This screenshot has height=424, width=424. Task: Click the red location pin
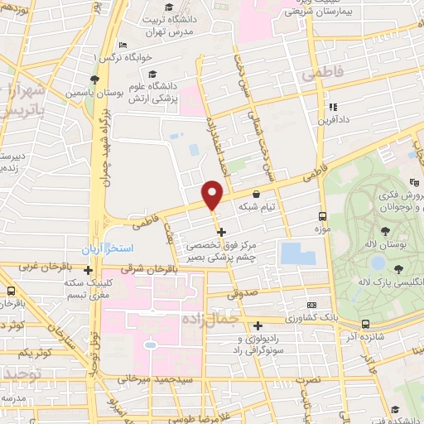click(213, 194)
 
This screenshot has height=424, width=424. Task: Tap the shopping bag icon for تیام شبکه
click(255, 195)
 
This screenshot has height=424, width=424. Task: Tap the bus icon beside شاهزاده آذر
click(365, 325)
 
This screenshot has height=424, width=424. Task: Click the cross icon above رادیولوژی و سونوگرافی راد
click(258, 325)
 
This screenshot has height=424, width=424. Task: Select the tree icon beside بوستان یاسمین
click(95, 80)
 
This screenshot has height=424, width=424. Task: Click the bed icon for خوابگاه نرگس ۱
click(123, 45)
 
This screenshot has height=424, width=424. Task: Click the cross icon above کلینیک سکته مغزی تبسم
click(88, 269)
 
